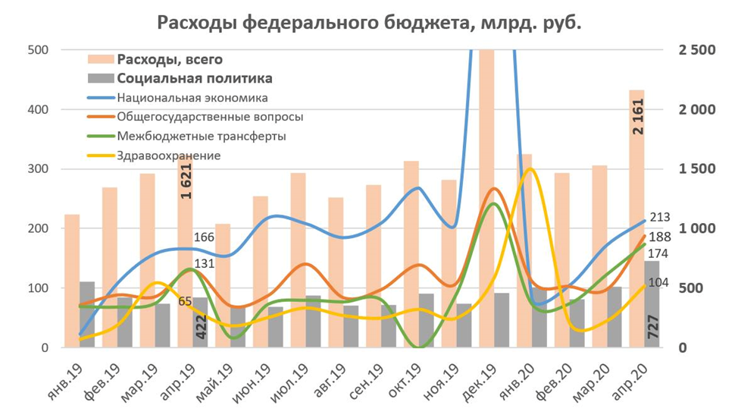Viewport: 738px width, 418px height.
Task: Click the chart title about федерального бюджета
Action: click(x=369, y=23)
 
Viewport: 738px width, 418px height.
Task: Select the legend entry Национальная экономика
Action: click(x=192, y=98)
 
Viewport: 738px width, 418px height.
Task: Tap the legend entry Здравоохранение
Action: click(x=168, y=156)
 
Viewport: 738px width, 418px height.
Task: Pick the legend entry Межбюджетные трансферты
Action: click(x=201, y=137)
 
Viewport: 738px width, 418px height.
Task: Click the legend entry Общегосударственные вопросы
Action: click(x=210, y=117)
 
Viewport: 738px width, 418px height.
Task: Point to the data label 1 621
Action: click(x=186, y=183)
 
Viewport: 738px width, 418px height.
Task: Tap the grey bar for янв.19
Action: click(x=87, y=314)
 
